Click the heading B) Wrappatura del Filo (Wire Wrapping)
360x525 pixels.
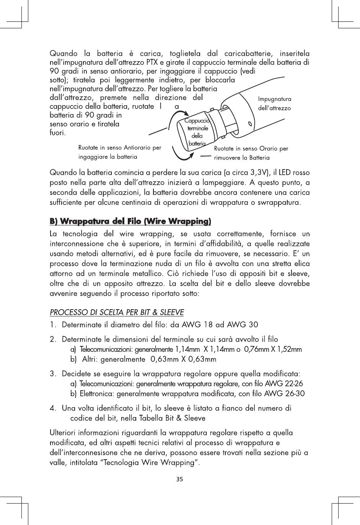131,222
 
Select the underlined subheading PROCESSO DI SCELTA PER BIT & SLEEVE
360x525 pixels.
117,313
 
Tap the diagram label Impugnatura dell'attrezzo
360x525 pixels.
275,104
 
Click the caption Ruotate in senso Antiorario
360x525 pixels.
119,152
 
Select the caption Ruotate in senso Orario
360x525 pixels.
251,153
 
